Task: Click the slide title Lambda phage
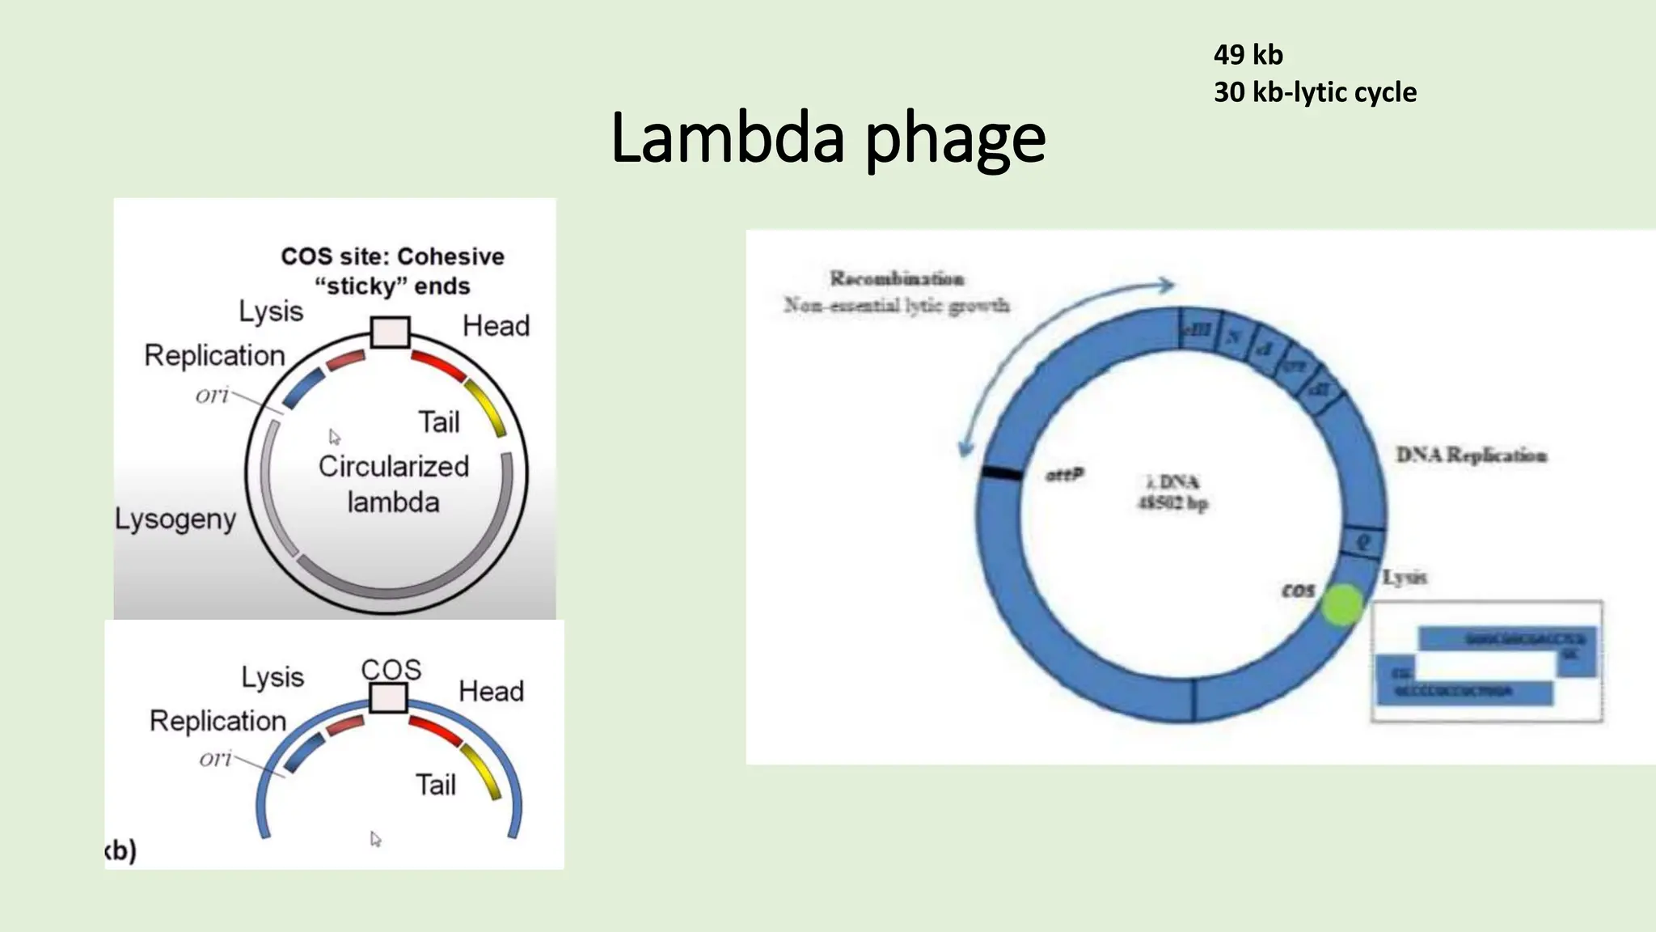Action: pos(828,138)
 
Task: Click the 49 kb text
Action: pos(1248,55)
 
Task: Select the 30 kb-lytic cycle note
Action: pos(1315,92)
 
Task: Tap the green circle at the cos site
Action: pos(1342,605)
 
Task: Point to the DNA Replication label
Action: pos(1471,455)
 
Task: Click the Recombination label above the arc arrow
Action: pos(897,278)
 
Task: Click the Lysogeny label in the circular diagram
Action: pos(175,519)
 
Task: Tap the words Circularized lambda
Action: pos(393,484)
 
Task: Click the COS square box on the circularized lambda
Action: pos(390,332)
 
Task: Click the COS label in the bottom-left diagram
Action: pos(391,669)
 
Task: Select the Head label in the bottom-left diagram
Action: pos(491,691)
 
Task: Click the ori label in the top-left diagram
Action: pos(212,395)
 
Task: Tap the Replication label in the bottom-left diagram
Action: pos(218,720)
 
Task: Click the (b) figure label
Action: pos(121,850)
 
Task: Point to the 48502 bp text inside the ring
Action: pos(1173,503)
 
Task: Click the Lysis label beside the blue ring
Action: pos(1405,577)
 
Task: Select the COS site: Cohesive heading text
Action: pos(392,256)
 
